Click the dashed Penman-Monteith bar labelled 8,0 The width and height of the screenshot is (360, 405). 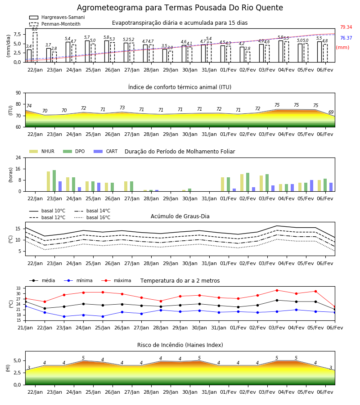[35, 47]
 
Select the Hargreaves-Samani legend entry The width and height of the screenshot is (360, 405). [57, 17]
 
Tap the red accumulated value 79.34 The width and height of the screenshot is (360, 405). [346, 27]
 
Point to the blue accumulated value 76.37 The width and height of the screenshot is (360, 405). [346, 38]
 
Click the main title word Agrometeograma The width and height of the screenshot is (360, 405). [110, 8]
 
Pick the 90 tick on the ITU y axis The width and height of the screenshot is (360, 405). [18, 93]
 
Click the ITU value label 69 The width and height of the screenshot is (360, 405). [331, 112]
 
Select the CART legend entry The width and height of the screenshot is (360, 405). [106, 151]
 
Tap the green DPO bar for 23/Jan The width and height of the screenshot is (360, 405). [54, 181]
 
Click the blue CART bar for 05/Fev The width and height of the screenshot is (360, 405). [312, 186]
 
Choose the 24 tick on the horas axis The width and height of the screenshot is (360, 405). [18, 157]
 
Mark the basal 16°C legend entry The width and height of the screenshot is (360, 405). [92, 217]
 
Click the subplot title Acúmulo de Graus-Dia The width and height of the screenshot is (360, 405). [180, 216]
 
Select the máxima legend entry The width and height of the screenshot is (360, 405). [116, 280]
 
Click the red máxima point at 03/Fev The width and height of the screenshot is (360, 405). [277, 290]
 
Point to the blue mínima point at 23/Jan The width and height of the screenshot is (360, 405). [64, 316]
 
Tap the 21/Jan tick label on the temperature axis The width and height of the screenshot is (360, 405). [25, 328]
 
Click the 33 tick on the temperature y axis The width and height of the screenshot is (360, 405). [18, 288]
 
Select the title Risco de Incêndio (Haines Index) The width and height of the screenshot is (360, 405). [180, 345]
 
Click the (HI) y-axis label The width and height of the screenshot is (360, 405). [8, 368]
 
